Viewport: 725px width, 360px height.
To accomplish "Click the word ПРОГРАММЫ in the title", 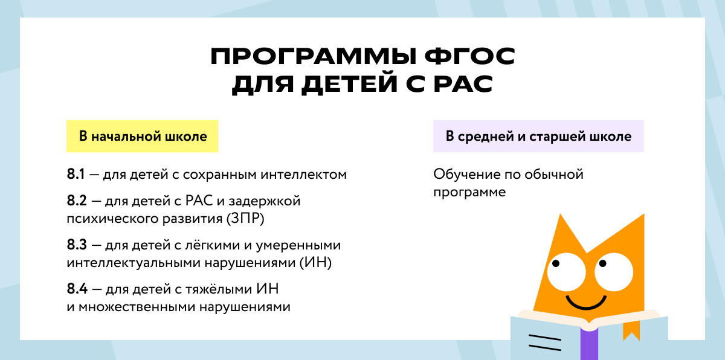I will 308,57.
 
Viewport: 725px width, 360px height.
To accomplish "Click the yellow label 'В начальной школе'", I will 143,137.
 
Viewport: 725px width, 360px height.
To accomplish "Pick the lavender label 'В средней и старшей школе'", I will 538,137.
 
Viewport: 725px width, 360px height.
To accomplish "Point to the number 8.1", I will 76,175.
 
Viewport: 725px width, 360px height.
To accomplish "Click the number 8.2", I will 77,201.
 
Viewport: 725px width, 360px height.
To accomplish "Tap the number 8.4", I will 77,289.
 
